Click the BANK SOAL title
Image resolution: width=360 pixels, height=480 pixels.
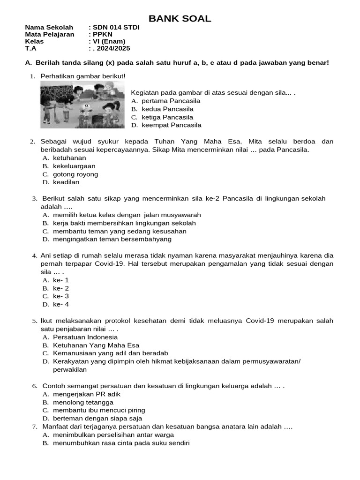(180, 19)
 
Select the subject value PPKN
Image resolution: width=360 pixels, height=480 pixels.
(103, 34)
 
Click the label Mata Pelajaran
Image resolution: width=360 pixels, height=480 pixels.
(49, 34)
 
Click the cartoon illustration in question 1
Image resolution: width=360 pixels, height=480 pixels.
(82, 105)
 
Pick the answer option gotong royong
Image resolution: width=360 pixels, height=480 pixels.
(75, 174)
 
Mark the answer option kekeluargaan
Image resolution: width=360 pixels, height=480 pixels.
(74, 166)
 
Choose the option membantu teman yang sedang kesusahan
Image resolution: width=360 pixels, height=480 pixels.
(120, 231)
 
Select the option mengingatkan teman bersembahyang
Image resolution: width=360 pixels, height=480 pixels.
(112, 239)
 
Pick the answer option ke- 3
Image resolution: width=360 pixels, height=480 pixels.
(61, 296)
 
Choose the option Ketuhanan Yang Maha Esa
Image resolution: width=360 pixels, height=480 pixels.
(96, 345)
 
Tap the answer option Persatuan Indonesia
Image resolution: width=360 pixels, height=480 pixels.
(85, 337)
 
